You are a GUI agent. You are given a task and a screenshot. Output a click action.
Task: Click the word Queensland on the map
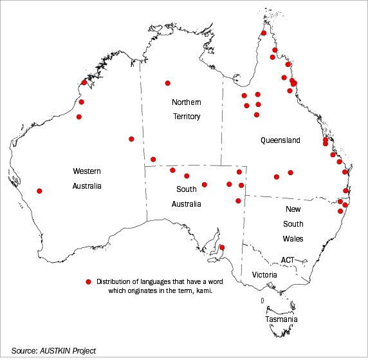coord(280,140)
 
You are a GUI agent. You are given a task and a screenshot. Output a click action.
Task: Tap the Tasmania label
coord(281,319)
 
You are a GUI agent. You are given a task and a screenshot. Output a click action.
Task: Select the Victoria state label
coord(264,275)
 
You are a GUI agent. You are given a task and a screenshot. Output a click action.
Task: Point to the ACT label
coord(287,260)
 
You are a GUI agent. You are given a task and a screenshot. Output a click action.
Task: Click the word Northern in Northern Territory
coord(186,103)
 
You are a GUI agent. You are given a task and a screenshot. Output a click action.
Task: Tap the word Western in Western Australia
coord(87,171)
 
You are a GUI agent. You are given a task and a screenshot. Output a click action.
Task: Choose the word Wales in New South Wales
coord(293,238)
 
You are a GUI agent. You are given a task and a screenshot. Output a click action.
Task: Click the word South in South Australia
coord(186,189)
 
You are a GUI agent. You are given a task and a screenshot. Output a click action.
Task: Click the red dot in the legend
coord(88,282)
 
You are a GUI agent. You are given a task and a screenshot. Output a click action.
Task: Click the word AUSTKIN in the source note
coord(57,350)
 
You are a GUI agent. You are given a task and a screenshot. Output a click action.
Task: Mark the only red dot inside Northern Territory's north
coord(168,83)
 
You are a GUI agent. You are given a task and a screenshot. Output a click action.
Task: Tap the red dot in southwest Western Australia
coord(40,191)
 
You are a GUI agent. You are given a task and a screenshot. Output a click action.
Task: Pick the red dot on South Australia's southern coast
coord(222,247)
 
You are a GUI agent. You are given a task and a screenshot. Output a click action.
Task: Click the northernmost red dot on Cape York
coord(264,33)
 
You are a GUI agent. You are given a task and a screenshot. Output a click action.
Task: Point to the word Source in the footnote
coord(24,350)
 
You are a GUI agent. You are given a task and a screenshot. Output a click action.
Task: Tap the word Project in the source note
coord(84,350)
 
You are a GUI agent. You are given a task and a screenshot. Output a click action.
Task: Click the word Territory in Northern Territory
coord(186,117)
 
